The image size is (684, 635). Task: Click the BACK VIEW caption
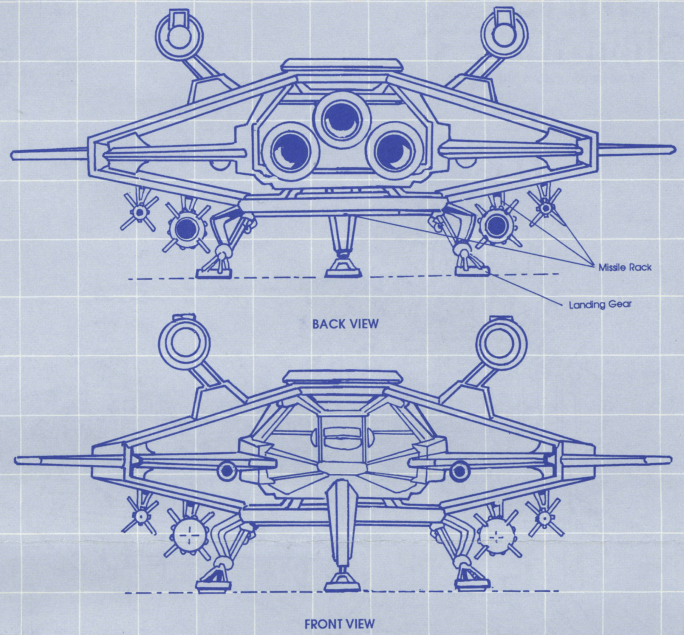pyautogui.click(x=345, y=324)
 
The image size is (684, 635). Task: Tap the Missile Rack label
pyautogui.click(x=625, y=267)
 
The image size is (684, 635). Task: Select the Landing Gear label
pyautogui.click(x=600, y=304)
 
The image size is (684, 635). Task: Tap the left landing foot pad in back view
pyautogui.click(x=212, y=272)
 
